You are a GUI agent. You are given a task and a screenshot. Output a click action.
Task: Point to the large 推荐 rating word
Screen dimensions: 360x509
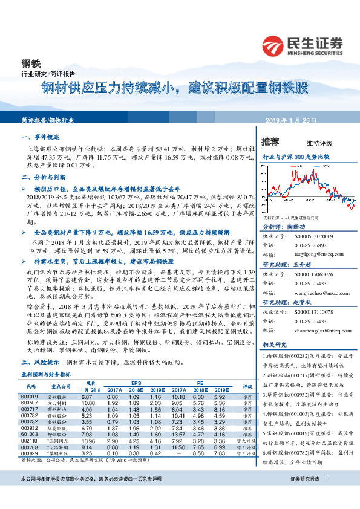tap(270, 142)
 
